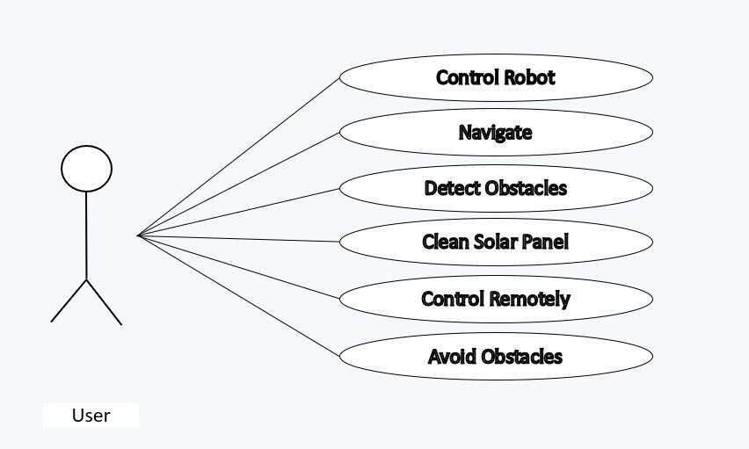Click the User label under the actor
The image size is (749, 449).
click(91, 416)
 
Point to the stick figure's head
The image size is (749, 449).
click(86, 168)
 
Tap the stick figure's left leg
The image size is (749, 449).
click(69, 301)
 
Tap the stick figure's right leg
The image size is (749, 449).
click(105, 302)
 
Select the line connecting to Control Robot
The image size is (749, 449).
click(239, 156)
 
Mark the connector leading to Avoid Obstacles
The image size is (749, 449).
click(239, 296)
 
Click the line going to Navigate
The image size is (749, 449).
click(239, 184)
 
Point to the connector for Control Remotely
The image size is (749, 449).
click(239, 267)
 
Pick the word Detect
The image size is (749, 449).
click(447, 188)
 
